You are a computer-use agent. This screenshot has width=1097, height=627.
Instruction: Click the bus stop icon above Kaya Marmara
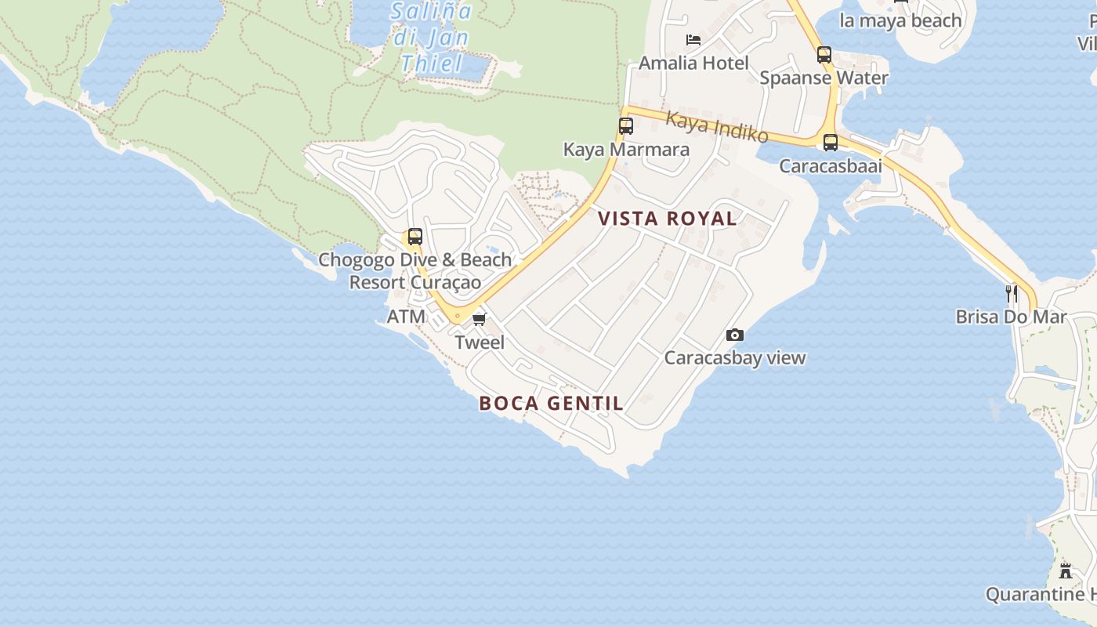tap(625, 125)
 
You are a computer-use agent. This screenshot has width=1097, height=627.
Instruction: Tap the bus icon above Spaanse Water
tap(824, 55)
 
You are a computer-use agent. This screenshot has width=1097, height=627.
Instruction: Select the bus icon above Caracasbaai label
tap(831, 143)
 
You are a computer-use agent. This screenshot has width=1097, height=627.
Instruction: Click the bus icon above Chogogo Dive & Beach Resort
tap(415, 237)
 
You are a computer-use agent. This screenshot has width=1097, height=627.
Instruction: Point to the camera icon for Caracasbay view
tap(735, 335)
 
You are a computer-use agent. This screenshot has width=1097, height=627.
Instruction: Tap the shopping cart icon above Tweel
tap(480, 319)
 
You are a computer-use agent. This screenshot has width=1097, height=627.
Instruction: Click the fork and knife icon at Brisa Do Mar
tap(1012, 294)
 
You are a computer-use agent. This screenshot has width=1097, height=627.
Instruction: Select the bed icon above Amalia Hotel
tap(693, 39)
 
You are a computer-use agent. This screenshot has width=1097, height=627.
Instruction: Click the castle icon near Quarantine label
tap(1066, 571)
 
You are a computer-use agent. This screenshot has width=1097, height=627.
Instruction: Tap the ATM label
tap(407, 317)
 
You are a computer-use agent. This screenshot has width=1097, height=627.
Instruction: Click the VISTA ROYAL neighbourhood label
tap(668, 219)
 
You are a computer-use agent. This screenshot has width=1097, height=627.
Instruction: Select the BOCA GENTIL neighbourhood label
tap(552, 404)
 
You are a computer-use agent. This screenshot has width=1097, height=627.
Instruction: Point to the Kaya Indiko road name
tap(717, 127)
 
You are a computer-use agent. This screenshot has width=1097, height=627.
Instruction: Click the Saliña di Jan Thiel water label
tap(432, 37)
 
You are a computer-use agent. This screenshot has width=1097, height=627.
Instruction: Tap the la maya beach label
tap(900, 20)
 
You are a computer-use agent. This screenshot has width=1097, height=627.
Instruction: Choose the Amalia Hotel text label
tap(694, 63)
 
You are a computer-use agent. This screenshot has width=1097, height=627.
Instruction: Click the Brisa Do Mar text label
tap(1011, 317)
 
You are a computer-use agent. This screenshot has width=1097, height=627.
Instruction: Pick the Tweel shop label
tap(480, 342)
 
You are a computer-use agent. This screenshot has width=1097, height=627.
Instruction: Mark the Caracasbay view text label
tap(735, 358)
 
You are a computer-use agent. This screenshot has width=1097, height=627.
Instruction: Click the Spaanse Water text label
tap(824, 78)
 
